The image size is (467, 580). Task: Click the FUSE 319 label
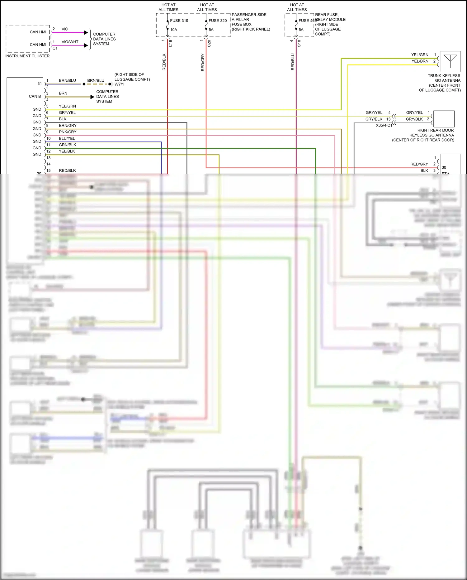pos(179,21)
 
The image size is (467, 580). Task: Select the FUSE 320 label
pos(218,21)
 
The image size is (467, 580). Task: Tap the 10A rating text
pos(173,30)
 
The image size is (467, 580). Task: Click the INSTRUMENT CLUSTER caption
pos(27,56)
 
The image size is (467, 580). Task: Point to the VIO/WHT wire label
pos(70,42)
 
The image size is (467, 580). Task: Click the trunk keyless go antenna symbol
pos(450,61)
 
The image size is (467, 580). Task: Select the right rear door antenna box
pos(444,119)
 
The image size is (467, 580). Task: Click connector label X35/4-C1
pos(384,125)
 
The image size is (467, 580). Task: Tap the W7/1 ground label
pos(119,84)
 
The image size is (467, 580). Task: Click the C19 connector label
pos(170,43)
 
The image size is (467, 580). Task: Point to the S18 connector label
pos(299,43)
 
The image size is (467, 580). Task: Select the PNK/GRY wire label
pos(68,132)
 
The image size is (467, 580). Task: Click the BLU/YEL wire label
pos(67,138)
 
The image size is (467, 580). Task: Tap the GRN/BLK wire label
pos(68,145)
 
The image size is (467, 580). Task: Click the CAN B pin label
pos(35,96)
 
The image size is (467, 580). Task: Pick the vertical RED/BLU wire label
pos(293,62)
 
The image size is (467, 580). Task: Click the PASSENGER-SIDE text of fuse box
pos(249,15)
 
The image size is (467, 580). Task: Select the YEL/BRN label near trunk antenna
pos(420,61)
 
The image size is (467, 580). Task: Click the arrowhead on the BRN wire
pos(92,97)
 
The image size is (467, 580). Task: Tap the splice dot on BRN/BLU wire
pos(84,84)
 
